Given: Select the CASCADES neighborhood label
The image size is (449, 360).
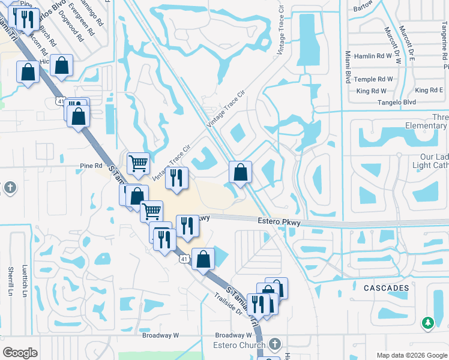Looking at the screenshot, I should (x=386, y=288).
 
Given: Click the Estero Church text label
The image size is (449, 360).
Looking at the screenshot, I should (x=239, y=345).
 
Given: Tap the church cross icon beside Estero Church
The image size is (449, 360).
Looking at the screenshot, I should (x=274, y=344).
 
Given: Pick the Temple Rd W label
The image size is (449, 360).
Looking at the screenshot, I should (x=373, y=79).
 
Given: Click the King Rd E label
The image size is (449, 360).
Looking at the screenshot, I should (x=429, y=91).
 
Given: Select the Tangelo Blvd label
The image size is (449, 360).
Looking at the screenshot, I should (x=397, y=103).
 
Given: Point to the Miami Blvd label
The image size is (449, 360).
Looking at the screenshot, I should (x=348, y=68).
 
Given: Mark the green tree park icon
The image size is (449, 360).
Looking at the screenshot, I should (x=427, y=323).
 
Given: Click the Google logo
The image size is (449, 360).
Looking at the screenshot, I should (x=20, y=353).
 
